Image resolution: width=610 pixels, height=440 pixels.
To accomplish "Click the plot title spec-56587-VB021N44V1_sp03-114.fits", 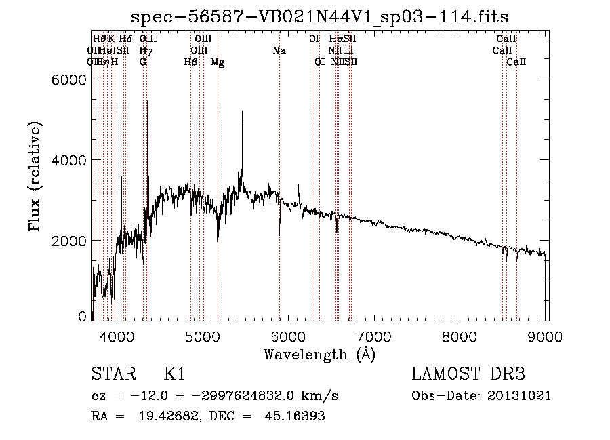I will click(x=319, y=16).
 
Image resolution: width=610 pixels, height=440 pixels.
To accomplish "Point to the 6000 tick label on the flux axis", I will click(x=68, y=79).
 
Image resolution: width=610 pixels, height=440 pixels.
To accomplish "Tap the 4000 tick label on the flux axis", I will click(x=68, y=160).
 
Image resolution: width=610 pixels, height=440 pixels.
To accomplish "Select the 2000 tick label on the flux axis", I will click(x=68, y=241).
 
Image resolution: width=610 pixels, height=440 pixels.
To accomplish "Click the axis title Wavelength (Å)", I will click(x=319, y=354).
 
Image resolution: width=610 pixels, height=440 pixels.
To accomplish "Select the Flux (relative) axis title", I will click(x=34, y=177).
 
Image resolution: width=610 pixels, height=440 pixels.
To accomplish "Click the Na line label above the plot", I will click(x=279, y=50).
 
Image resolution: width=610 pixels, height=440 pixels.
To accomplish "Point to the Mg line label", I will click(x=218, y=62).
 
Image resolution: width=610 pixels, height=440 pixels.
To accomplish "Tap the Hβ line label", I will click(x=190, y=62).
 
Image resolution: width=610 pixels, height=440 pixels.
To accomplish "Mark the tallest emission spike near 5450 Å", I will click(x=242, y=113).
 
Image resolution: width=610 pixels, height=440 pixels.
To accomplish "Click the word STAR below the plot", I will click(x=110, y=375).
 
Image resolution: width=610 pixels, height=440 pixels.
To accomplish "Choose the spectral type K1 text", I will click(x=174, y=375).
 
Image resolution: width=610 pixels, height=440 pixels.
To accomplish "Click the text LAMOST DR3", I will click(x=468, y=375).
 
